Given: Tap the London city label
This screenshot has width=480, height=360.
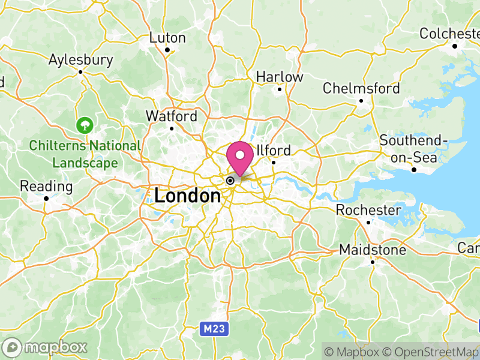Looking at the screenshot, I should (187, 196).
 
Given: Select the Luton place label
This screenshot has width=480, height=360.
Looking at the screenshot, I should (167, 38).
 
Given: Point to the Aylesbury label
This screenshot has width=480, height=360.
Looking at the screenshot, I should (81, 60).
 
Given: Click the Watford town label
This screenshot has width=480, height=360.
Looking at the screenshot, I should (172, 116).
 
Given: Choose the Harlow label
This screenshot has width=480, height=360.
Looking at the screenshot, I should (280, 77).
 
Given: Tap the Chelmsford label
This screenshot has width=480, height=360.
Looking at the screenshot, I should (361, 88).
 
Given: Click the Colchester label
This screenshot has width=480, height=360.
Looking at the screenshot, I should (450, 34).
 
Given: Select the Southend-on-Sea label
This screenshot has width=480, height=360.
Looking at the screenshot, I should (414, 149).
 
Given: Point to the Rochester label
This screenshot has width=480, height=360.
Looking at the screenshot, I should (368, 210).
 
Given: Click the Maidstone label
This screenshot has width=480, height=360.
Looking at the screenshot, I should (372, 249).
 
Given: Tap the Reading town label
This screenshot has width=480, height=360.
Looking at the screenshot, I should (46, 186).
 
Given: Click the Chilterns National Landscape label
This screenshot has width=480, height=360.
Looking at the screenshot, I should (85, 154).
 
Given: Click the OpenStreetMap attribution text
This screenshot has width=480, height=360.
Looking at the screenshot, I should (431, 351).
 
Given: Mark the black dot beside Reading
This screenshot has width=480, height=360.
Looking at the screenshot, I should (46, 198).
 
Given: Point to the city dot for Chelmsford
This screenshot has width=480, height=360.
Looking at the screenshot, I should (361, 100).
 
